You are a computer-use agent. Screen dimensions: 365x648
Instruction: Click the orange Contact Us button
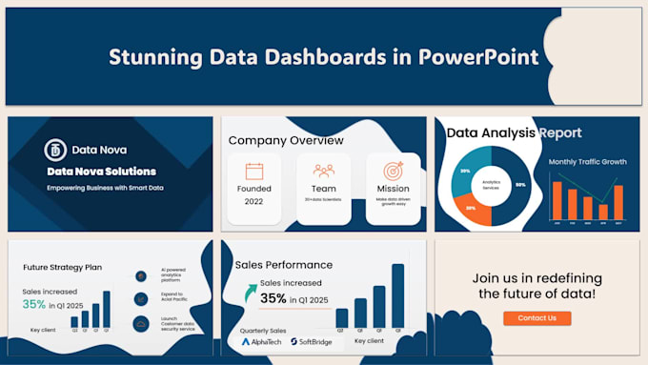pyautogui.click(x=537, y=317)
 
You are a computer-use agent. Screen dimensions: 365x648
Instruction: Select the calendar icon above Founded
pyautogui.click(x=254, y=172)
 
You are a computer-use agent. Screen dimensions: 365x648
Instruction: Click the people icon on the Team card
pyautogui.click(x=323, y=172)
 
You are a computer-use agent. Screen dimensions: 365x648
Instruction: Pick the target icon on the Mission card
pyautogui.click(x=394, y=172)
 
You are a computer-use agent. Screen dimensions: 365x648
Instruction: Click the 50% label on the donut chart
pyautogui.click(x=520, y=183)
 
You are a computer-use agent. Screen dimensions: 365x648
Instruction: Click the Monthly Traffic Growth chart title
pyautogui.click(x=587, y=162)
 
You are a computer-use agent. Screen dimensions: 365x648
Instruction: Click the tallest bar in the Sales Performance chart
pyautogui.click(x=397, y=295)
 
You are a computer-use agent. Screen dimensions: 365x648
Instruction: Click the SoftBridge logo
pyautogui.click(x=311, y=340)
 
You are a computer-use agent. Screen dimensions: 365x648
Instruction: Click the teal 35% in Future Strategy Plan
pyautogui.click(x=34, y=305)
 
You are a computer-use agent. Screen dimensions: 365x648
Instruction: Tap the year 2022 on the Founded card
pyautogui.click(x=253, y=202)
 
